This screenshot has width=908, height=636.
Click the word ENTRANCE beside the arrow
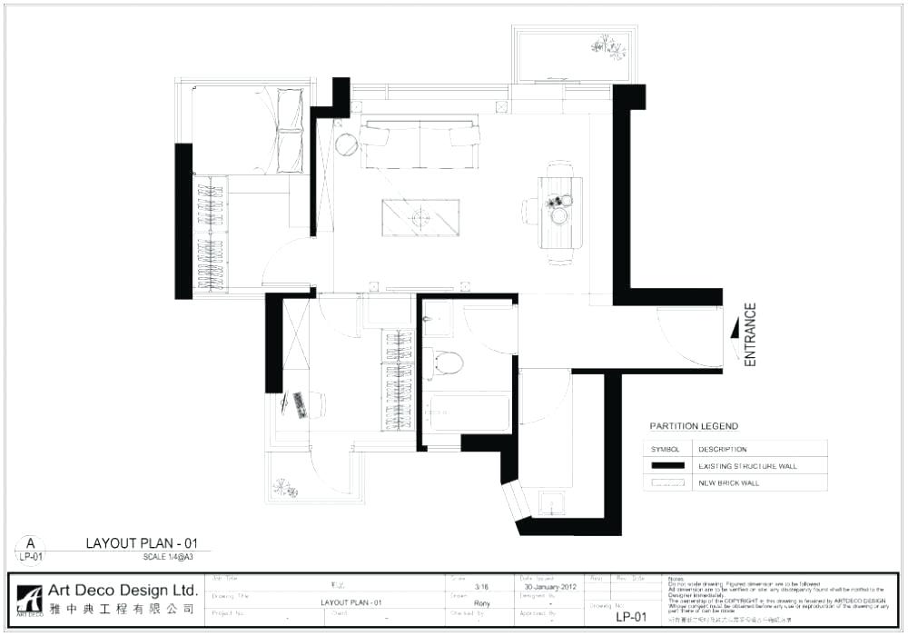pyautogui.click(x=750, y=334)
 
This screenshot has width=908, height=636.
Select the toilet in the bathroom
pyautogui.click(x=446, y=363)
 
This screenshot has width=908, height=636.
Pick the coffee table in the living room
pyautogui.click(x=420, y=216)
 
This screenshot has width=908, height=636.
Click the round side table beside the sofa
pyautogui.click(x=346, y=144)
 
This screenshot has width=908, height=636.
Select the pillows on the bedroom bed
pyautogui.click(x=290, y=129)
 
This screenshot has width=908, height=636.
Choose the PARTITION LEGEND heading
pyautogui.click(x=694, y=426)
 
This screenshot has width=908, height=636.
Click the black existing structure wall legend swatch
pyautogui.click(x=669, y=466)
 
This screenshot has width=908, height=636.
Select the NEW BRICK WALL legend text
pyautogui.click(x=728, y=483)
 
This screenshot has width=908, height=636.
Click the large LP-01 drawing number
pyautogui.click(x=630, y=617)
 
